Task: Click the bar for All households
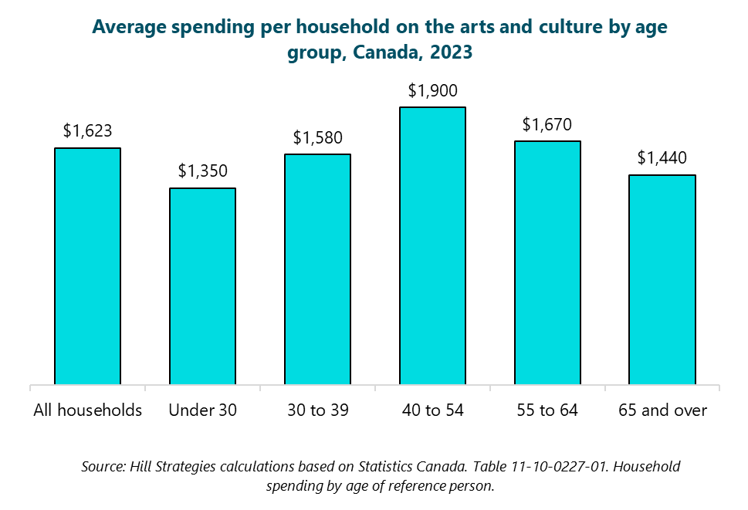(x=87, y=265)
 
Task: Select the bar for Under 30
(x=202, y=285)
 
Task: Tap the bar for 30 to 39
(x=317, y=269)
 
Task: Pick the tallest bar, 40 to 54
(x=432, y=245)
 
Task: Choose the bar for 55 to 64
(x=547, y=262)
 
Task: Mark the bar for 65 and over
(x=662, y=279)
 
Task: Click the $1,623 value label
(x=87, y=131)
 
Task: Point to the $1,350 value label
(x=202, y=171)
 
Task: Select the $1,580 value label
(x=317, y=138)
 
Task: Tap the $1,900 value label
(x=432, y=91)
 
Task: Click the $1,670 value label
(x=547, y=124)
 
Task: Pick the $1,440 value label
(x=662, y=158)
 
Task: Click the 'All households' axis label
(x=87, y=410)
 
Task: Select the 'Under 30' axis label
(x=202, y=410)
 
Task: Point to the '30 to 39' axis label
(x=317, y=410)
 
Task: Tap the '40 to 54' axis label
(x=432, y=410)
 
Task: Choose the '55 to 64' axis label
(x=547, y=410)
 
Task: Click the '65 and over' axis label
(x=662, y=410)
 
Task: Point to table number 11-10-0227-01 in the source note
(x=483, y=468)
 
